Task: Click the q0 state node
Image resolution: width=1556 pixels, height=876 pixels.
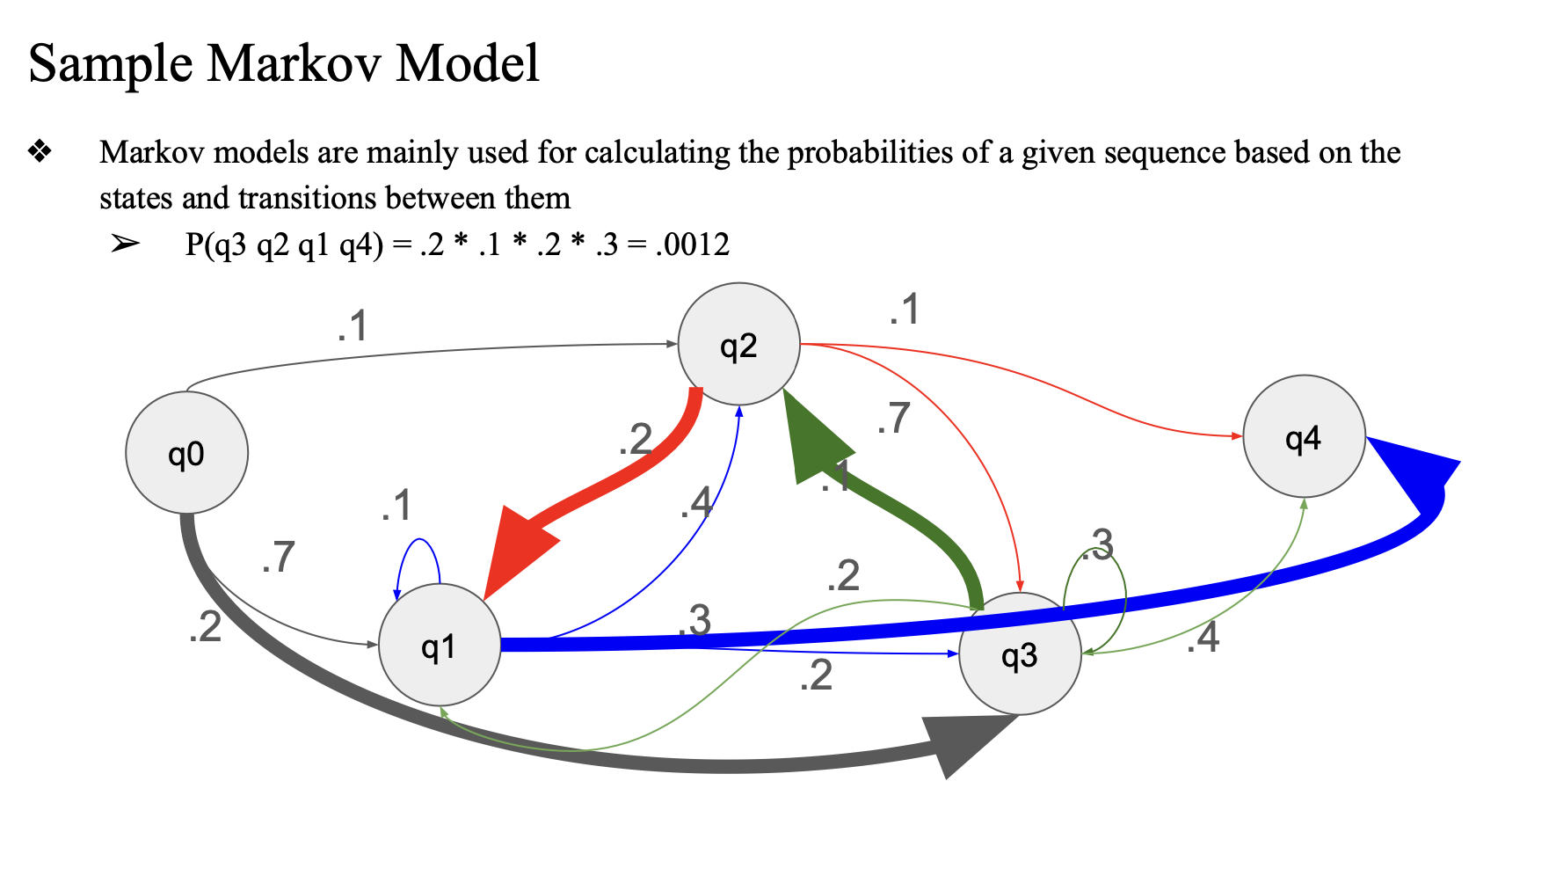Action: point(186,453)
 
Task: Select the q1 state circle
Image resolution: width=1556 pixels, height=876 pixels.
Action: point(439,646)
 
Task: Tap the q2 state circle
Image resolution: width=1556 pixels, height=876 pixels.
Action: point(738,345)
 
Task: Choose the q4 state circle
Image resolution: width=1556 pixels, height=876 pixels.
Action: point(1304,436)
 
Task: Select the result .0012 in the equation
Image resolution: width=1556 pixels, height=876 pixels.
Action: point(693,245)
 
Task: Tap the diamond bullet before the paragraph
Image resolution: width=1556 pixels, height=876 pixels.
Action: point(40,152)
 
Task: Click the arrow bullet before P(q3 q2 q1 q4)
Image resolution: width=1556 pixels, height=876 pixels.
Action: point(125,244)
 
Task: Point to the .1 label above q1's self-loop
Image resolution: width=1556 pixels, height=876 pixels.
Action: point(396,506)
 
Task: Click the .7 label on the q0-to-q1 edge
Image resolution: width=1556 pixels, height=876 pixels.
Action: point(278,558)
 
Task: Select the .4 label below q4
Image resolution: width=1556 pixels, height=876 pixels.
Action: point(1203,638)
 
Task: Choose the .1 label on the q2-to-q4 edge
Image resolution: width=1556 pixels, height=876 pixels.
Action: point(904,310)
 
